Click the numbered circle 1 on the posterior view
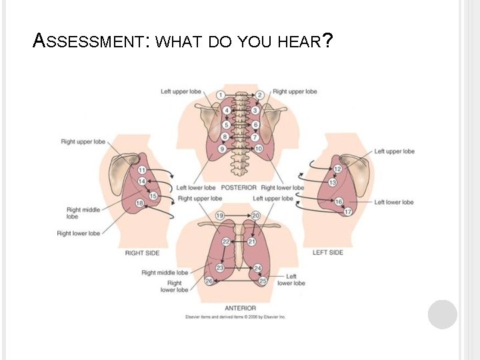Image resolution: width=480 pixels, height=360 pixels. [219, 95]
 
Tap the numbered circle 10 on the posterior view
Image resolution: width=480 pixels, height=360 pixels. [259, 148]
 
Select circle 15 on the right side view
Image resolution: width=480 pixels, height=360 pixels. [153, 195]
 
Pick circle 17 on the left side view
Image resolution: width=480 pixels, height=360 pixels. [348, 211]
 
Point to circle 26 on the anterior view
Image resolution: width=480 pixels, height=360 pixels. [209, 281]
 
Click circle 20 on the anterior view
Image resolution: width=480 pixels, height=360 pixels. [256, 215]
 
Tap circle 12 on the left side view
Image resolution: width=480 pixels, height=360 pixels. [337, 169]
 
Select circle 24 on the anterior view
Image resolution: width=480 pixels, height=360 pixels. [257, 267]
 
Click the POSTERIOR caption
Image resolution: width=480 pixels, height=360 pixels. [239, 187]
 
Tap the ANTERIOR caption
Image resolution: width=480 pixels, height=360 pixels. [240, 308]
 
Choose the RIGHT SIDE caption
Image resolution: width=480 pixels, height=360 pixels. [142, 253]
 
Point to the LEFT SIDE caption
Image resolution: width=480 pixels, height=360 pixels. [328, 252]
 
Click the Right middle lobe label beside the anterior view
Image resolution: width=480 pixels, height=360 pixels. [165, 272]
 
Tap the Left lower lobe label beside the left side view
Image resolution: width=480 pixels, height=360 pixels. [393, 202]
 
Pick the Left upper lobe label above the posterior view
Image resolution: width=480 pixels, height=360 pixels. [181, 91]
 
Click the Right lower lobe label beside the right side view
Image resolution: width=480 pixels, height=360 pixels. [79, 233]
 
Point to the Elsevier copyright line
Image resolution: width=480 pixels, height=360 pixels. [235, 317]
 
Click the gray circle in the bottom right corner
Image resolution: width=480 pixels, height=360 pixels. [443, 314]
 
